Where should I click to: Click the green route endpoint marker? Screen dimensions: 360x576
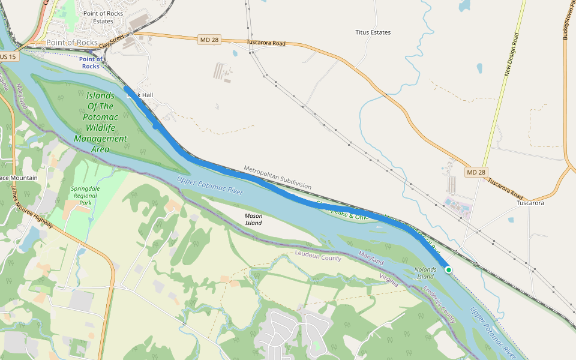point(448,270)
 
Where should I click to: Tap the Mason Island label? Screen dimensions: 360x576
point(253,219)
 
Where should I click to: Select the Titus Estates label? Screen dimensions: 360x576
point(373,32)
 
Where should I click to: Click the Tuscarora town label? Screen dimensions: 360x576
point(530,203)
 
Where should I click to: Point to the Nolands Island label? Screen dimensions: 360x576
point(425,273)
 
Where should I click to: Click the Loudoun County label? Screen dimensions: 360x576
point(318,257)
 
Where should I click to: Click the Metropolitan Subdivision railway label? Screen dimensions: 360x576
point(277,177)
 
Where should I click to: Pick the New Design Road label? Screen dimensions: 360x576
point(511,54)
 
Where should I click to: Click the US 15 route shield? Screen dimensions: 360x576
point(8,56)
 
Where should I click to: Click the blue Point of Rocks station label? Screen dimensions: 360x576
point(91,62)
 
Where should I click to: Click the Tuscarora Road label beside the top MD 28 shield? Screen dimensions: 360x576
point(266,43)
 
